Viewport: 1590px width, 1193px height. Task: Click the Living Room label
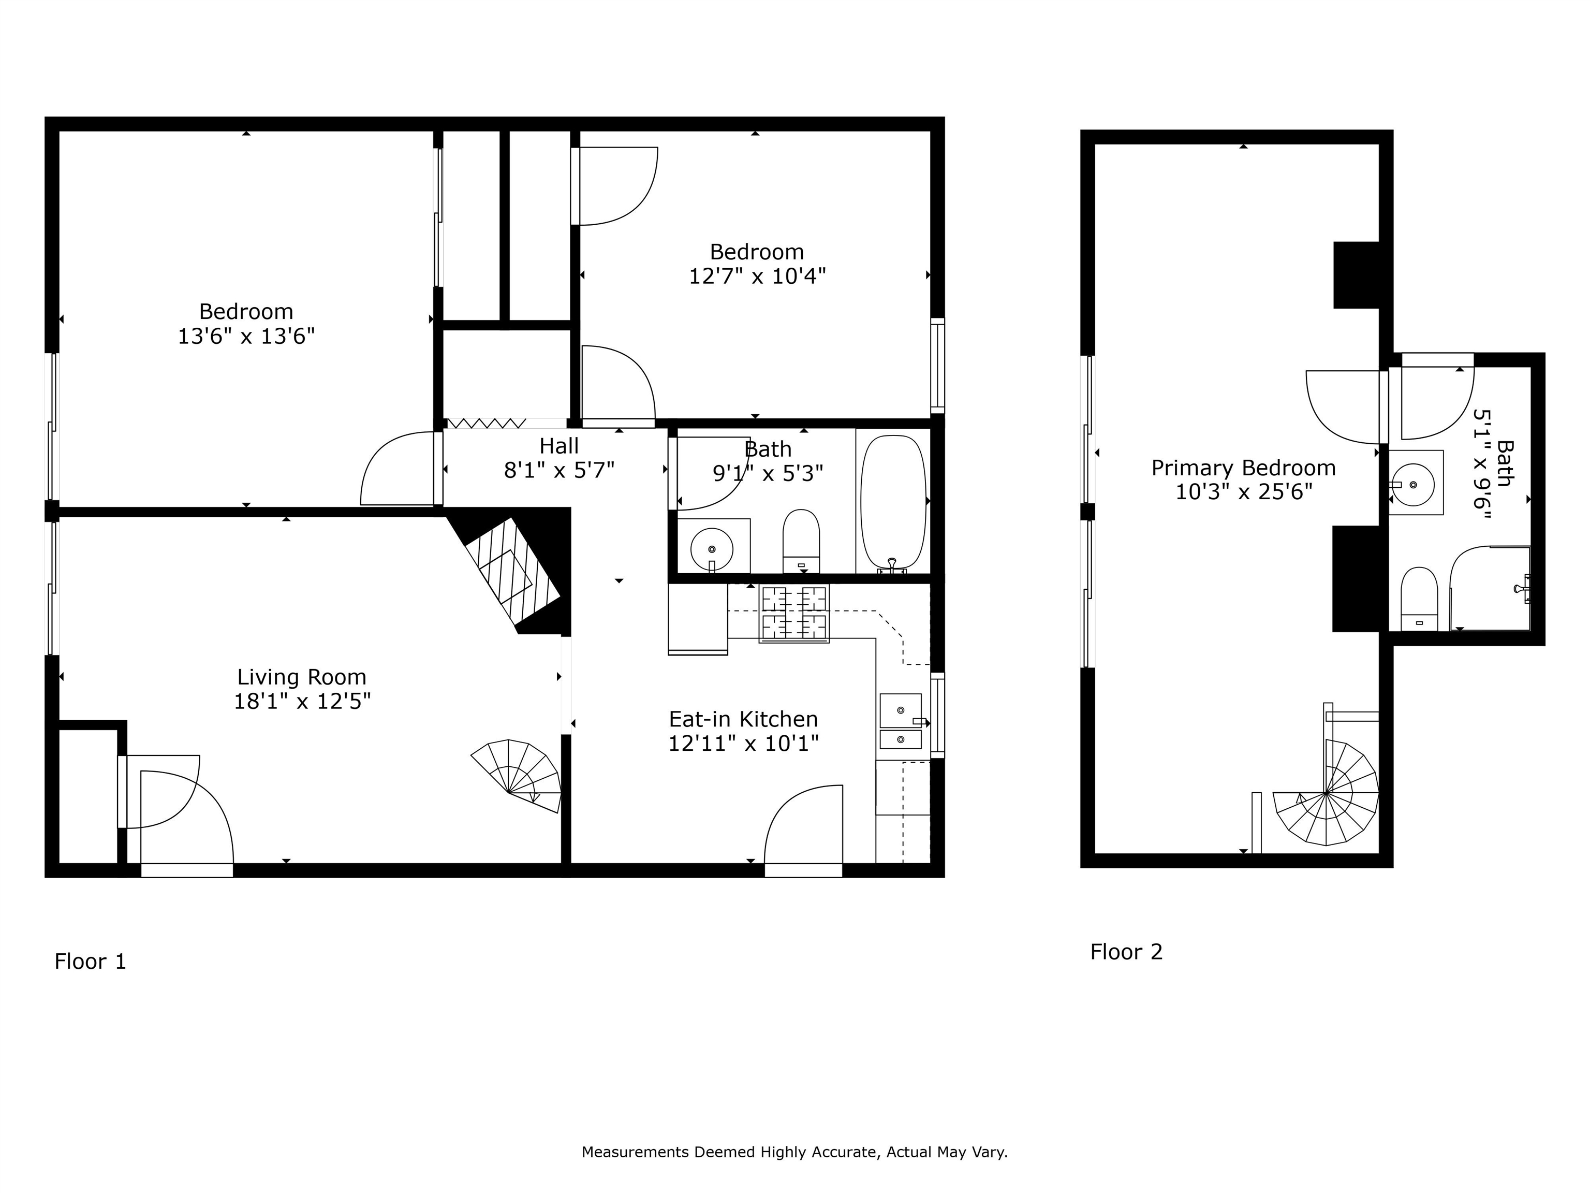point(301,677)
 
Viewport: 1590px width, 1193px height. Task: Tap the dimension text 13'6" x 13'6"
point(246,336)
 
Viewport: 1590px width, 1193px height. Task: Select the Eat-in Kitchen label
point(743,719)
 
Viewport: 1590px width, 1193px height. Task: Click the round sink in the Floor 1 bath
point(712,549)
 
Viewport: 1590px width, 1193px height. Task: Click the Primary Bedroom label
point(1243,468)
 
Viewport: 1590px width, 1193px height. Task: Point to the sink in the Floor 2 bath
point(1415,483)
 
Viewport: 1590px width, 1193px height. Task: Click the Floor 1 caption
point(91,962)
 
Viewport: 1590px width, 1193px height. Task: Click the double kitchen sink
point(900,721)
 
